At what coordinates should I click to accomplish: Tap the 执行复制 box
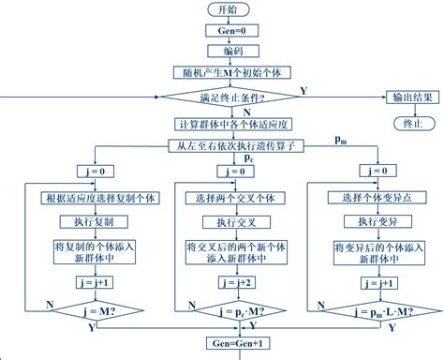pyautogui.click(x=83, y=222)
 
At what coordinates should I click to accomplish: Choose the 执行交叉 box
pyautogui.click(x=227, y=222)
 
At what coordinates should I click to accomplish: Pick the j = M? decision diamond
pyautogui.click(x=83, y=310)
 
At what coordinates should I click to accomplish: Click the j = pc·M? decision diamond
pyautogui.click(x=227, y=310)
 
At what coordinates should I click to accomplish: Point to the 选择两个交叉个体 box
pyautogui.click(x=227, y=198)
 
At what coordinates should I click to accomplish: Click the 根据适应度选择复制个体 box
pyautogui.click(x=83, y=198)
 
